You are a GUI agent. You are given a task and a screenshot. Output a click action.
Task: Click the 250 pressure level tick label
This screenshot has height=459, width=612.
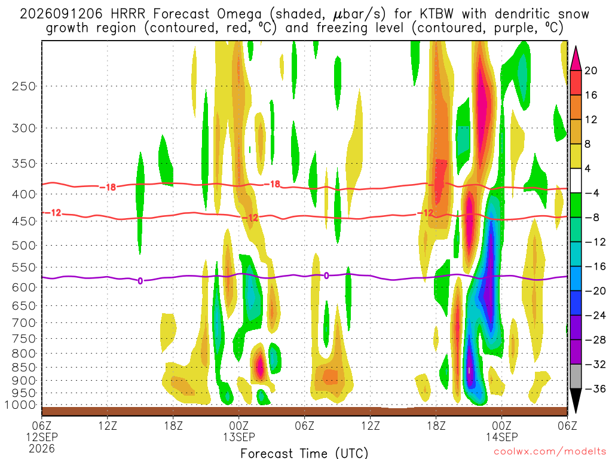[24, 86]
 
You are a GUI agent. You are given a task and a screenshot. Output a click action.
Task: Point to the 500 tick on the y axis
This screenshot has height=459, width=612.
[24, 246]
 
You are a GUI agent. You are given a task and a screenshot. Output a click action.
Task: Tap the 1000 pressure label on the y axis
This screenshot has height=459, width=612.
[20, 405]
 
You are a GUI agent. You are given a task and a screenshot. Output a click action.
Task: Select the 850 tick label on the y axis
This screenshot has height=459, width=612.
[24, 368]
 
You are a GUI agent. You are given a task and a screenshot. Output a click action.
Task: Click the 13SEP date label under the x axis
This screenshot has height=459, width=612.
[239, 437]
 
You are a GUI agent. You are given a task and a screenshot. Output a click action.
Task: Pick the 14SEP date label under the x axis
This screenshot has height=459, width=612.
[502, 437]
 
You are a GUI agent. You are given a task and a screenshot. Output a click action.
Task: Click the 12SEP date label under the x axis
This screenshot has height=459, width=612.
[42, 437]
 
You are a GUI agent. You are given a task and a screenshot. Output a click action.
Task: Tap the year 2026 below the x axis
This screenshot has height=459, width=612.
[42, 448]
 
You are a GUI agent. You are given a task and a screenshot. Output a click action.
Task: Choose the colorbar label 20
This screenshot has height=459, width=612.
[591, 71]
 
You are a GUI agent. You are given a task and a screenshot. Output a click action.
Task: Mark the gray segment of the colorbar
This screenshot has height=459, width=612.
[576, 377]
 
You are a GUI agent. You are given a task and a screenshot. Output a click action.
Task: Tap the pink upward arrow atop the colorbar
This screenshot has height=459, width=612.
[576, 58]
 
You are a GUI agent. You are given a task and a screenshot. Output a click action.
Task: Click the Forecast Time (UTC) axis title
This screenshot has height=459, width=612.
[304, 453]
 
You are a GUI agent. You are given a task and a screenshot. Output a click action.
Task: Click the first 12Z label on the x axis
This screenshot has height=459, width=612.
[108, 426]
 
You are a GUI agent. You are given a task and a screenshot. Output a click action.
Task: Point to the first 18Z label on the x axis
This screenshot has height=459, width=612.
[173, 426]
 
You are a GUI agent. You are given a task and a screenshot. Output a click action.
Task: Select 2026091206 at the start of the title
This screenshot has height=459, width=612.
[62, 14]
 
